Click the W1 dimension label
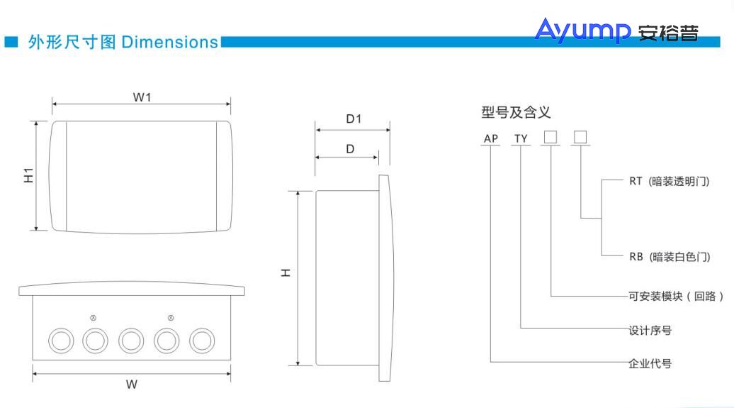click(142, 97)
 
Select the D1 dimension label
click(354, 119)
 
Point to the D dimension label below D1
click(350, 149)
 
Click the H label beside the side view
click(286, 272)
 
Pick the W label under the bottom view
click(132, 385)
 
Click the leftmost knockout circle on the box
click(60, 341)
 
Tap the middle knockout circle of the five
click(131, 341)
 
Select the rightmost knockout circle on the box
click(202, 341)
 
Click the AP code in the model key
click(490, 138)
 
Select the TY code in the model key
click(521, 138)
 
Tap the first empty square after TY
click(550, 137)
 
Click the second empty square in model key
click(580, 137)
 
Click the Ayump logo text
click(582, 31)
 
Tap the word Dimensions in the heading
click(170, 42)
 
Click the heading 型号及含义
click(516, 112)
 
